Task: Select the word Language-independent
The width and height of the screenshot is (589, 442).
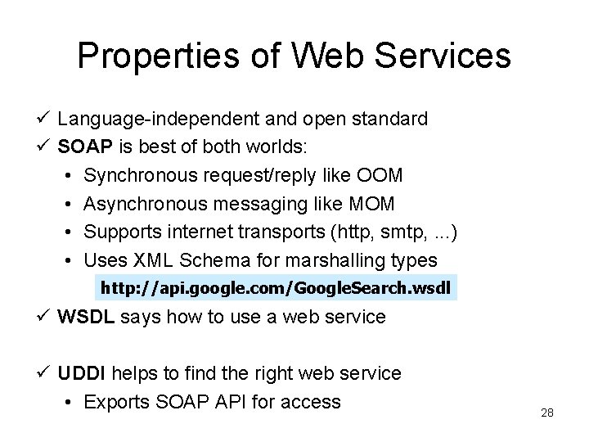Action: tap(160, 120)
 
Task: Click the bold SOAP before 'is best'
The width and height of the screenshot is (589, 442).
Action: tap(81, 147)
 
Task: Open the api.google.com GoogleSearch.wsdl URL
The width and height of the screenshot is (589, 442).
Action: tap(274, 289)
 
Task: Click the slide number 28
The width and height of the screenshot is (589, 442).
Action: tap(547, 413)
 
